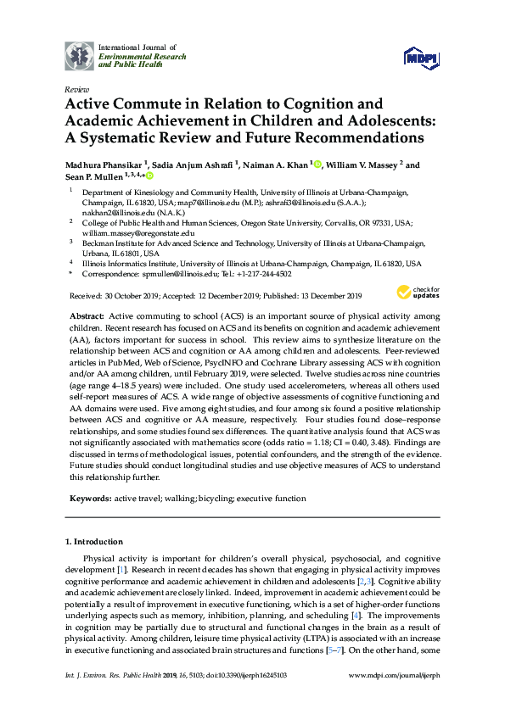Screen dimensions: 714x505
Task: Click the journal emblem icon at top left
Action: click(x=81, y=56)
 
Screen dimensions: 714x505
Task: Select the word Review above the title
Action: click(x=76, y=89)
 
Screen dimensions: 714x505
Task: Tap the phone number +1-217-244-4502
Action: click(x=266, y=275)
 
